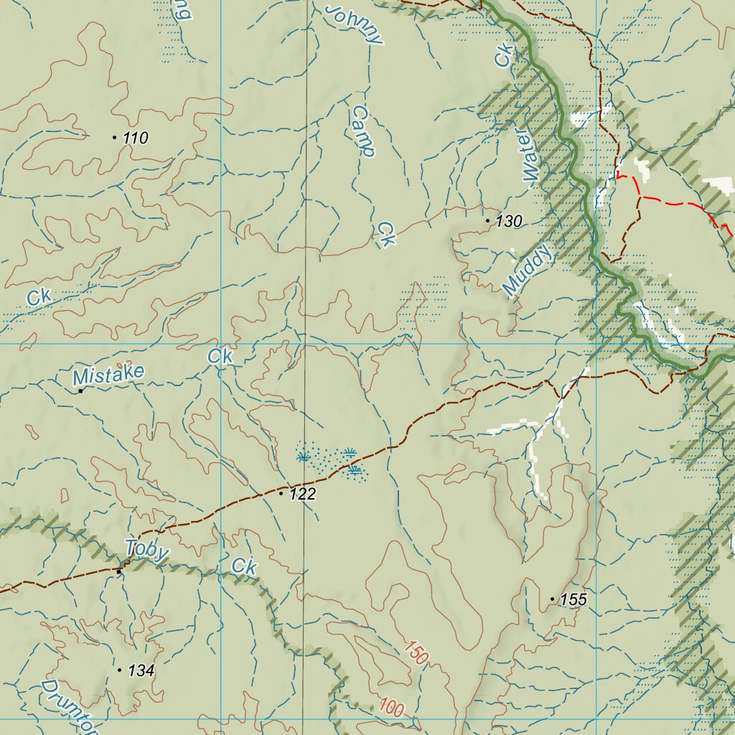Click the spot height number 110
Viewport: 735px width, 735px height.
click(x=135, y=139)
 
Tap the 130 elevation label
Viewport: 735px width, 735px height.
click(x=509, y=222)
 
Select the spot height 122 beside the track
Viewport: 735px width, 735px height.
click(x=302, y=495)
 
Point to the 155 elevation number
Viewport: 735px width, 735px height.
click(x=574, y=600)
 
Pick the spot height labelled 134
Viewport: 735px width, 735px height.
click(x=141, y=671)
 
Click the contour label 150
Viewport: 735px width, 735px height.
click(x=416, y=652)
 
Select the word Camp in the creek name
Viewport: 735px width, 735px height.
click(x=364, y=131)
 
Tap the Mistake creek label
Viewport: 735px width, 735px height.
click(x=108, y=374)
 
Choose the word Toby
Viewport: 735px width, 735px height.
click(x=147, y=551)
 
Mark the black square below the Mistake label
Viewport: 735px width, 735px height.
click(x=80, y=391)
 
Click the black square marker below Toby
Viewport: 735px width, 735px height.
click(x=118, y=571)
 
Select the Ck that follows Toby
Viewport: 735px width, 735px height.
click(x=245, y=567)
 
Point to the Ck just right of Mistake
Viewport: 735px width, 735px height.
click(x=220, y=356)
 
